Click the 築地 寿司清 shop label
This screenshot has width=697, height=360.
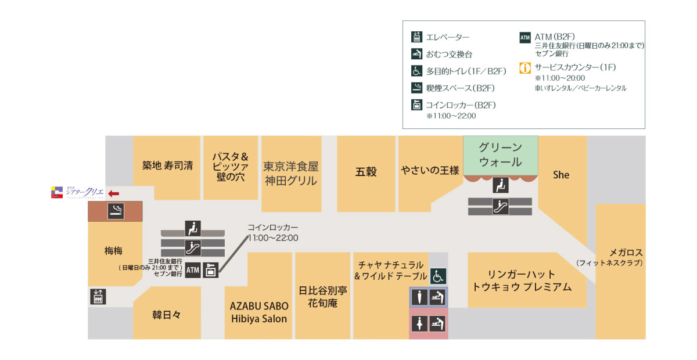tap(167, 165)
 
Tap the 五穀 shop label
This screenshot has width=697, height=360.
tap(366, 171)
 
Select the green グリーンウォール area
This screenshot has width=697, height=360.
tap(500, 154)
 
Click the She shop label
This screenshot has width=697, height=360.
tap(561, 174)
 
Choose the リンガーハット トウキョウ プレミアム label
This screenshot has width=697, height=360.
tap(522, 280)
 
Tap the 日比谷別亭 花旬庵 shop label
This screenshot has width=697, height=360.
tap(322, 296)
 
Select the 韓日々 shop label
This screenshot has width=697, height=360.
tap(167, 315)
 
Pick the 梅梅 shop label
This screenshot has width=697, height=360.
tap(114, 251)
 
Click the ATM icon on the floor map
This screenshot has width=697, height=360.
tap(193, 271)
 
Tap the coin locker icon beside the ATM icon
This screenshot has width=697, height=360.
tap(210, 271)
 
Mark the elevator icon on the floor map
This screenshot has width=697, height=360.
tap(98, 297)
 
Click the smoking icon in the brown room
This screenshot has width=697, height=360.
tap(115, 211)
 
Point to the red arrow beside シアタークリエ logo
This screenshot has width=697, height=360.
tap(114, 193)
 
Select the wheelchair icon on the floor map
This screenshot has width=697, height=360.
tap(437, 276)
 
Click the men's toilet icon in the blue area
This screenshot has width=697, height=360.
tap(418, 297)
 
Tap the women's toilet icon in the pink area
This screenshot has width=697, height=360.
tap(418, 323)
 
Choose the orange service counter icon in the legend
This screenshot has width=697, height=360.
tap(525, 68)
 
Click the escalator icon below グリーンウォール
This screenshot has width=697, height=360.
tap(500, 207)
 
